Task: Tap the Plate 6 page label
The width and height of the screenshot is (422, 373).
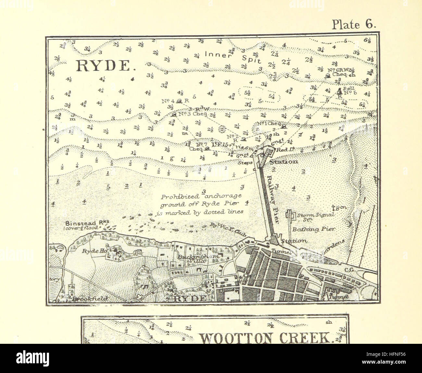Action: click(353, 25)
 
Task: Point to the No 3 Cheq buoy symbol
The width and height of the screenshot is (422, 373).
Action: click(174, 114)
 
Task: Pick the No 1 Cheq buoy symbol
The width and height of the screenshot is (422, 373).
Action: click(283, 126)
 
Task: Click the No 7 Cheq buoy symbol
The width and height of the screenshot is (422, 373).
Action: click(207, 149)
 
